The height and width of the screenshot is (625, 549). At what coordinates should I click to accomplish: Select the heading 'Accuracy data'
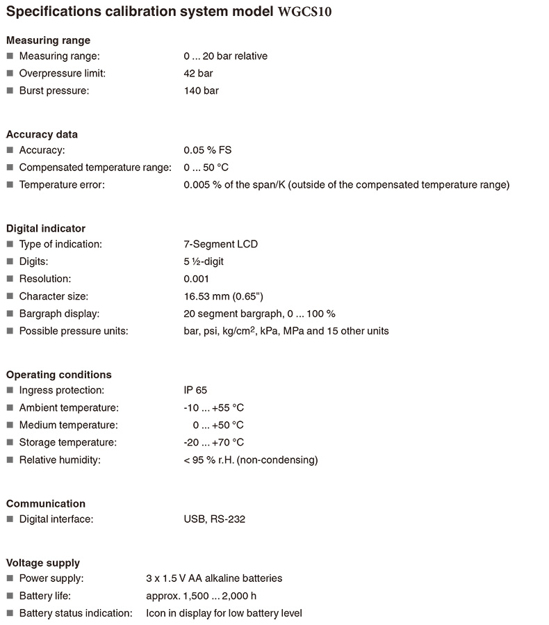coord(42,134)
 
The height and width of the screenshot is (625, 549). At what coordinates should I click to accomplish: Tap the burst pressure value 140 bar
coord(201,90)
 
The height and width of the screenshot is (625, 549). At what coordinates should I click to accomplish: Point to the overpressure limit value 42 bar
coord(198,73)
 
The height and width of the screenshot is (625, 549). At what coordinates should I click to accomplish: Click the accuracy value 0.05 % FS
coord(208,150)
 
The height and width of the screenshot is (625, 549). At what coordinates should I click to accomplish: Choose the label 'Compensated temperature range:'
coord(95,168)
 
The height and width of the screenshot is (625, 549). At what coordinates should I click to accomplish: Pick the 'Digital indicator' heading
coord(46,228)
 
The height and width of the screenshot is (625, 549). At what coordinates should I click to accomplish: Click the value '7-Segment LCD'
coord(220,244)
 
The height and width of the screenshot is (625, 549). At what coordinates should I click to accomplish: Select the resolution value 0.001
coord(197,279)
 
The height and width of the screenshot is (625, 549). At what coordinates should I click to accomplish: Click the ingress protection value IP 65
coord(195,390)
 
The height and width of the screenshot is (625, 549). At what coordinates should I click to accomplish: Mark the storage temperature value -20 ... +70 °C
coord(213,442)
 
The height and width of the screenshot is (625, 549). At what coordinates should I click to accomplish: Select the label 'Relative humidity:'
coord(60,460)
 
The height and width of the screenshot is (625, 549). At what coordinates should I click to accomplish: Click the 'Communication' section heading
coord(46,503)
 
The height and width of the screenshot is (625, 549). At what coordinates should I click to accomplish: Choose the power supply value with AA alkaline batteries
coord(214,578)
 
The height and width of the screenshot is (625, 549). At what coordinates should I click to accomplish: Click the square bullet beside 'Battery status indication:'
coord(10,613)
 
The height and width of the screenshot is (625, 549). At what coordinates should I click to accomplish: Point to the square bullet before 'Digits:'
coord(10,261)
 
